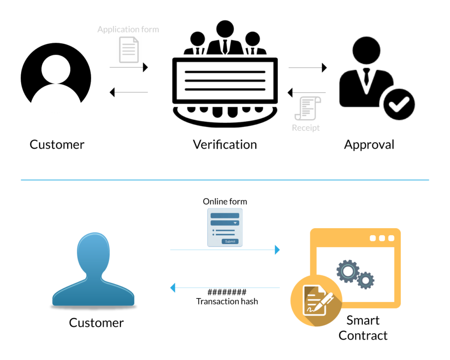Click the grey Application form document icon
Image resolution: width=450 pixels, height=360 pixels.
point(129,50)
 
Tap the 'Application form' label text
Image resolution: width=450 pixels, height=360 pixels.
point(128,30)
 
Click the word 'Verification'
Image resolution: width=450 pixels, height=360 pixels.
point(225,144)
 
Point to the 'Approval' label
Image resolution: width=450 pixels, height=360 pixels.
point(369,144)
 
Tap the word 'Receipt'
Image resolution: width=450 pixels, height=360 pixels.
point(306,128)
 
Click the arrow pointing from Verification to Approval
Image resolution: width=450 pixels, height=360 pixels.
point(308,68)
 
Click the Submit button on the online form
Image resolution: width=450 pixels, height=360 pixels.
point(230,241)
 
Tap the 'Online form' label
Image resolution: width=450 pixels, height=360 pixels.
point(225,201)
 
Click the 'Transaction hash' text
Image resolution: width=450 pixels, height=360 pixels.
point(227,302)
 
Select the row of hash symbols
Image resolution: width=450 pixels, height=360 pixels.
point(227,292)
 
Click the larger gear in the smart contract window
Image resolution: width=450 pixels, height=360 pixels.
point(348,271)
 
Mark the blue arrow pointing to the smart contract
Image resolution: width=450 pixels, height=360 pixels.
point(225,250)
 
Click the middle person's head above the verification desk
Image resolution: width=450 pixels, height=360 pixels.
point(225,30)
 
